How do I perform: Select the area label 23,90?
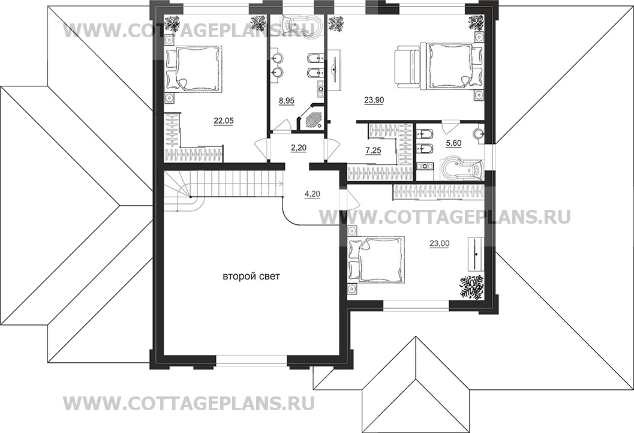point(374,101)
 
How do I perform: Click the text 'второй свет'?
point(251,276)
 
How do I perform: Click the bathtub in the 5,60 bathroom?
point(461,169)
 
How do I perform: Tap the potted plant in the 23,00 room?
point(471,285)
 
